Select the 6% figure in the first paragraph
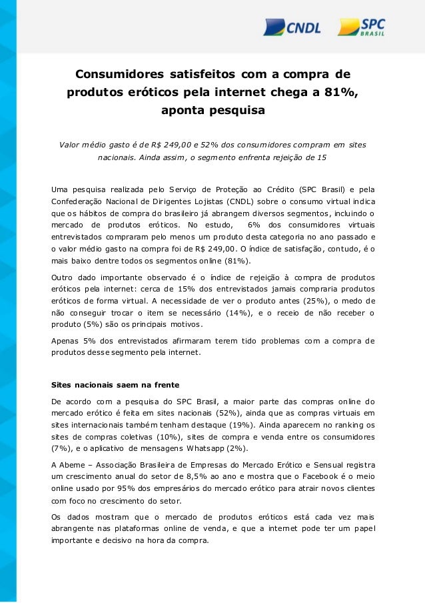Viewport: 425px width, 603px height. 253,224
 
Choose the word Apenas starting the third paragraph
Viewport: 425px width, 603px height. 67,341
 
